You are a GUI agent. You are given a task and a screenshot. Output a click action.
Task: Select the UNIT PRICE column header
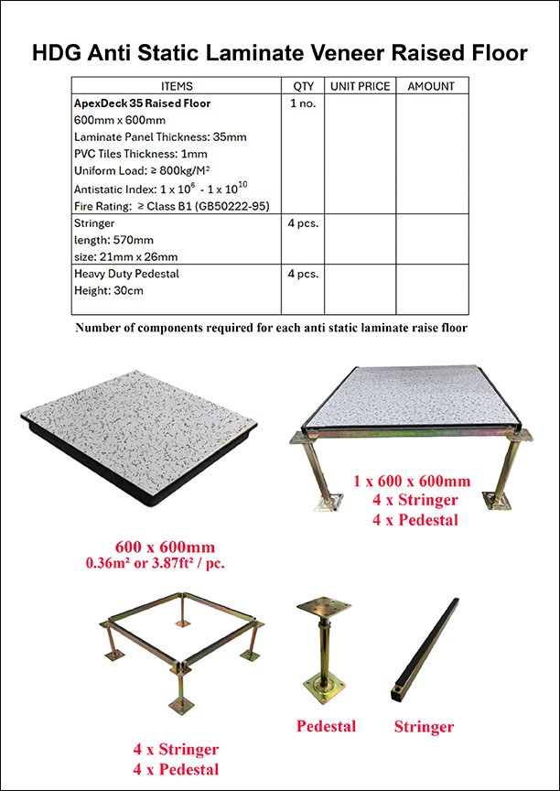click(360, 86)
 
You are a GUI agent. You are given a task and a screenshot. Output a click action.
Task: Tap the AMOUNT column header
click(431, 86)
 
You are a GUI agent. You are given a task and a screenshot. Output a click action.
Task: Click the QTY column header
click(303, 86)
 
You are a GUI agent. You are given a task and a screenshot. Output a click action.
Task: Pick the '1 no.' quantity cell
click(303, 104)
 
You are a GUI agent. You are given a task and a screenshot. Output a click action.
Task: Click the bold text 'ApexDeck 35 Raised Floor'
click(142, 103)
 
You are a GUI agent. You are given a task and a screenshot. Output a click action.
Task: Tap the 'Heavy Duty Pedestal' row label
click(126, 273)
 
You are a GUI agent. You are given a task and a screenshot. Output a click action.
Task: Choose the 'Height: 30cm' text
click(109, 290)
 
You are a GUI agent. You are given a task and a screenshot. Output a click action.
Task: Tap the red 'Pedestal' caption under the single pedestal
click(326, 726)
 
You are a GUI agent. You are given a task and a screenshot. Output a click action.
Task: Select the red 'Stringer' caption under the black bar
click(424, 727)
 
